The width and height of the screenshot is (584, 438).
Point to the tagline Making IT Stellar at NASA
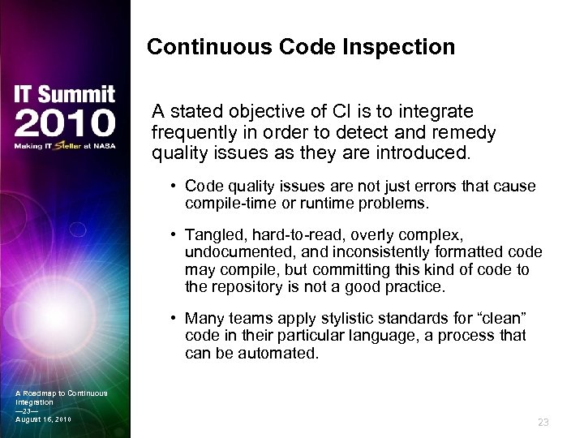(65, 147)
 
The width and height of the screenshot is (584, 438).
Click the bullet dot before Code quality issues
(174, 187)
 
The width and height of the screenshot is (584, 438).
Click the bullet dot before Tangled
(174, 234)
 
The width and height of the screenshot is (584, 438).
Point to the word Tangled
(212, 234)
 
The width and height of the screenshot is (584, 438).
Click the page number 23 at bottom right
(543, 422)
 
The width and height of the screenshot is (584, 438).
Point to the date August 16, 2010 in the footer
(43, 419)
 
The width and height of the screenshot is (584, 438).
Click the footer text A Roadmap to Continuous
(61, 393)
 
